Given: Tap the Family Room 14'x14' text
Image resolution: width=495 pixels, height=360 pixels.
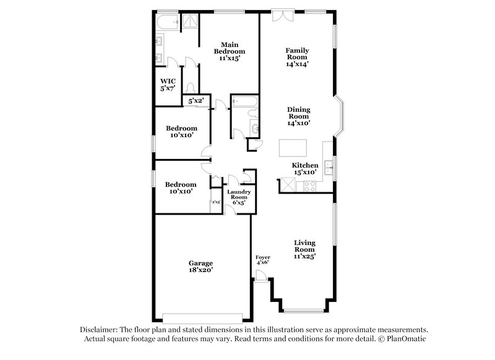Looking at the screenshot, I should coord(297,56).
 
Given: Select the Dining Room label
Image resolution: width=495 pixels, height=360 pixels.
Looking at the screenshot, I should coord(298,116).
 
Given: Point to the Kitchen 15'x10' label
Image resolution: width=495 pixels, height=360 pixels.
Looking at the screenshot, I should coord(305,169).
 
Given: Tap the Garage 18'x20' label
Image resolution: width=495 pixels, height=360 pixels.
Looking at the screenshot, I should coord(201,266).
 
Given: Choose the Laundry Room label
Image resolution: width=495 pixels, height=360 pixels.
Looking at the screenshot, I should coord(238,197).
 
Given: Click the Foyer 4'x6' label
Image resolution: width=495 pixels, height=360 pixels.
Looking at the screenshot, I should coord(263,259).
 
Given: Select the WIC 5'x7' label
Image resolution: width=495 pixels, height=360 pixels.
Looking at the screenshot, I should coord(168,85).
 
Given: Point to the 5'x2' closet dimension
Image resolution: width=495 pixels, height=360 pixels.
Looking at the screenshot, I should coord(196,100).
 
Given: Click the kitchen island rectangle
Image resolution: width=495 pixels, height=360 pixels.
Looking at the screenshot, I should coord(293,148).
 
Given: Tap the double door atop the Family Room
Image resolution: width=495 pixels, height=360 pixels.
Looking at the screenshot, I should coord(281,14).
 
